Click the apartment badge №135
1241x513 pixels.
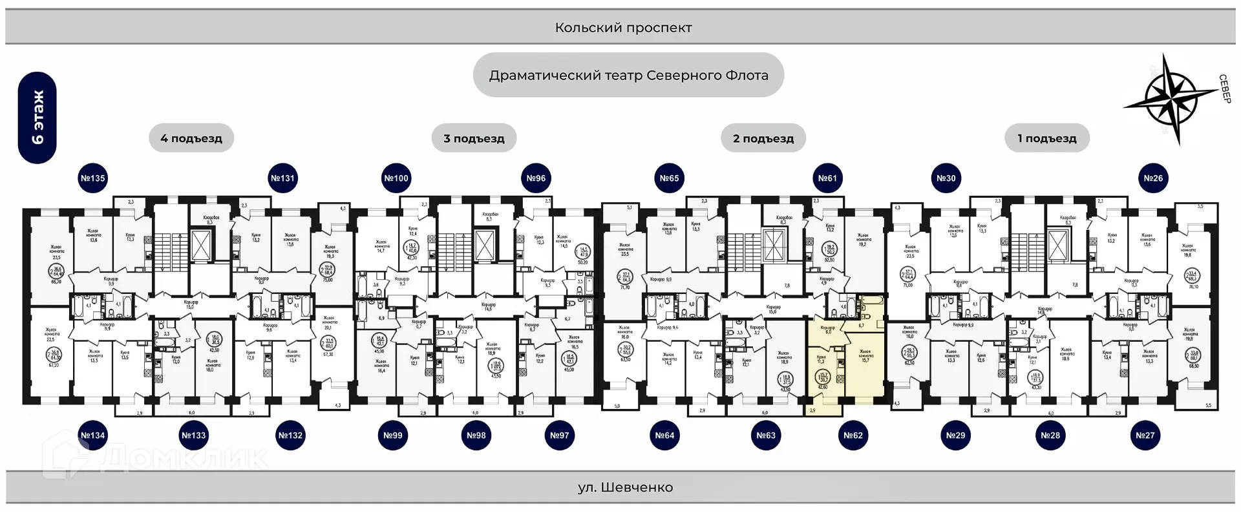point(92,178)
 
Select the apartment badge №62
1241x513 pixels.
point(853,435)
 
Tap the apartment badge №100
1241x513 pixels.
point(396,178)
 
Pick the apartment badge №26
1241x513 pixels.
point(1153,178)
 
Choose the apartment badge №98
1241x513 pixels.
point(476,435)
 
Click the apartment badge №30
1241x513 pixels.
point(946,178)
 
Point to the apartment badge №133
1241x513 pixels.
point(193,435)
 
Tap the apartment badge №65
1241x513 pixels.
point(669,178)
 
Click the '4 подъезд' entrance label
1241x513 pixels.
point(191,138)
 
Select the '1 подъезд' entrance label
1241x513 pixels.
point(1047,138)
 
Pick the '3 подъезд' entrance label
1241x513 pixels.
point(474,138)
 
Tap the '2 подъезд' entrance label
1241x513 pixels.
point(763,138)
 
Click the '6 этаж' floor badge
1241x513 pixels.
point(37,118)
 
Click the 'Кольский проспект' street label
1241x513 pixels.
point(623,28)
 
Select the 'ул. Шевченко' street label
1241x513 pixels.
point(625,487)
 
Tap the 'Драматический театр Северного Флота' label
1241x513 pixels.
point(628,76)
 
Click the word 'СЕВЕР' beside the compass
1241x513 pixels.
point(1224,89)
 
